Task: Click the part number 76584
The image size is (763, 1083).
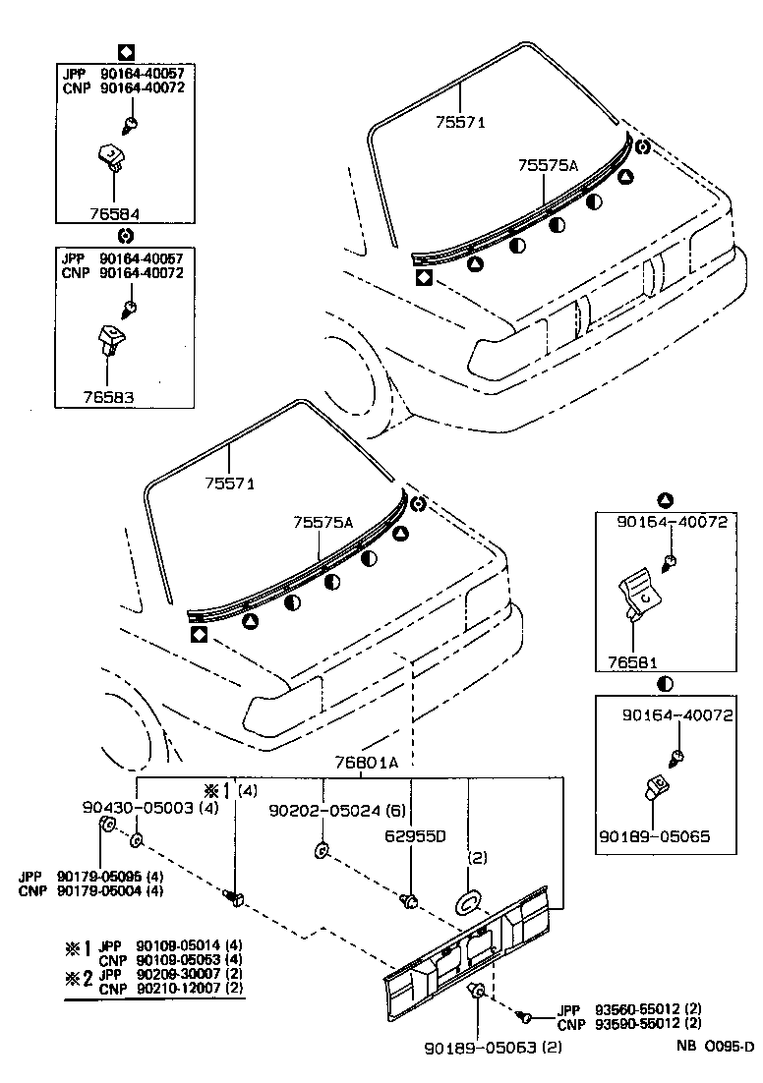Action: pyautogui.click(x=115, y=211)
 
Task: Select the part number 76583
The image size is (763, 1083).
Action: pyautogui.click(x=108, y=398)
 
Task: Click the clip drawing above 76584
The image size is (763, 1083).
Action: pyautogui.click(x=111, y=156)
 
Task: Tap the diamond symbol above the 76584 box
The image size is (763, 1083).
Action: pyautogui.click(x=125, y=50)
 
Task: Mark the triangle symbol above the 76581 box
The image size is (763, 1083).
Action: pyautogui.click(x=665, y=498)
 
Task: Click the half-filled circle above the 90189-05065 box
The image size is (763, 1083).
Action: pyautogui.click(x=665, y=683)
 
